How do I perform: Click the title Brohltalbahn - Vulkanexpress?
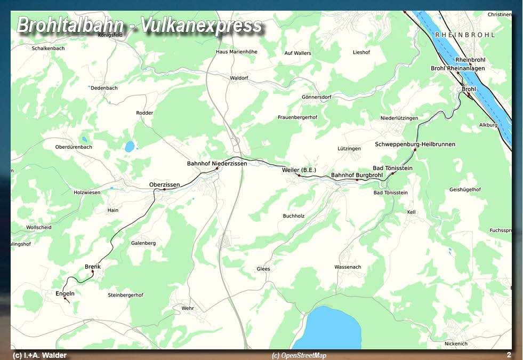[x=140, y=25]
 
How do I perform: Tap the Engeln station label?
[x=65, y=293]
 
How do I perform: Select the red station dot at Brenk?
[x=92, y=272]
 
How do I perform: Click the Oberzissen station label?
[x=164, y=185]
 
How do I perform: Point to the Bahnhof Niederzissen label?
[x=217, y=163]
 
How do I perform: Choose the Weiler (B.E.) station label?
[x=299, y=170]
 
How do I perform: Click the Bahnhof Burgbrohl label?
[x=357, y=175]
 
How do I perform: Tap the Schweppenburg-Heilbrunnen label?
[x=415, y=145]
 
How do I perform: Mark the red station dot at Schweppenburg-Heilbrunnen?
[x=415, y=150]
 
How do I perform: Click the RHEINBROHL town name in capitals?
[x=465, y=35]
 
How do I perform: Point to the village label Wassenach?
[x=348, y=267]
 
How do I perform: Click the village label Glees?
[x=263, y=269]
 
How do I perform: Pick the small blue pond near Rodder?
[x=130, y=146]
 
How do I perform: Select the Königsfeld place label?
[x=111, y=35]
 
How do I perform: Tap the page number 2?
[x=509, y=355]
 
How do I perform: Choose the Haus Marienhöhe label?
[x=236, y=52]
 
